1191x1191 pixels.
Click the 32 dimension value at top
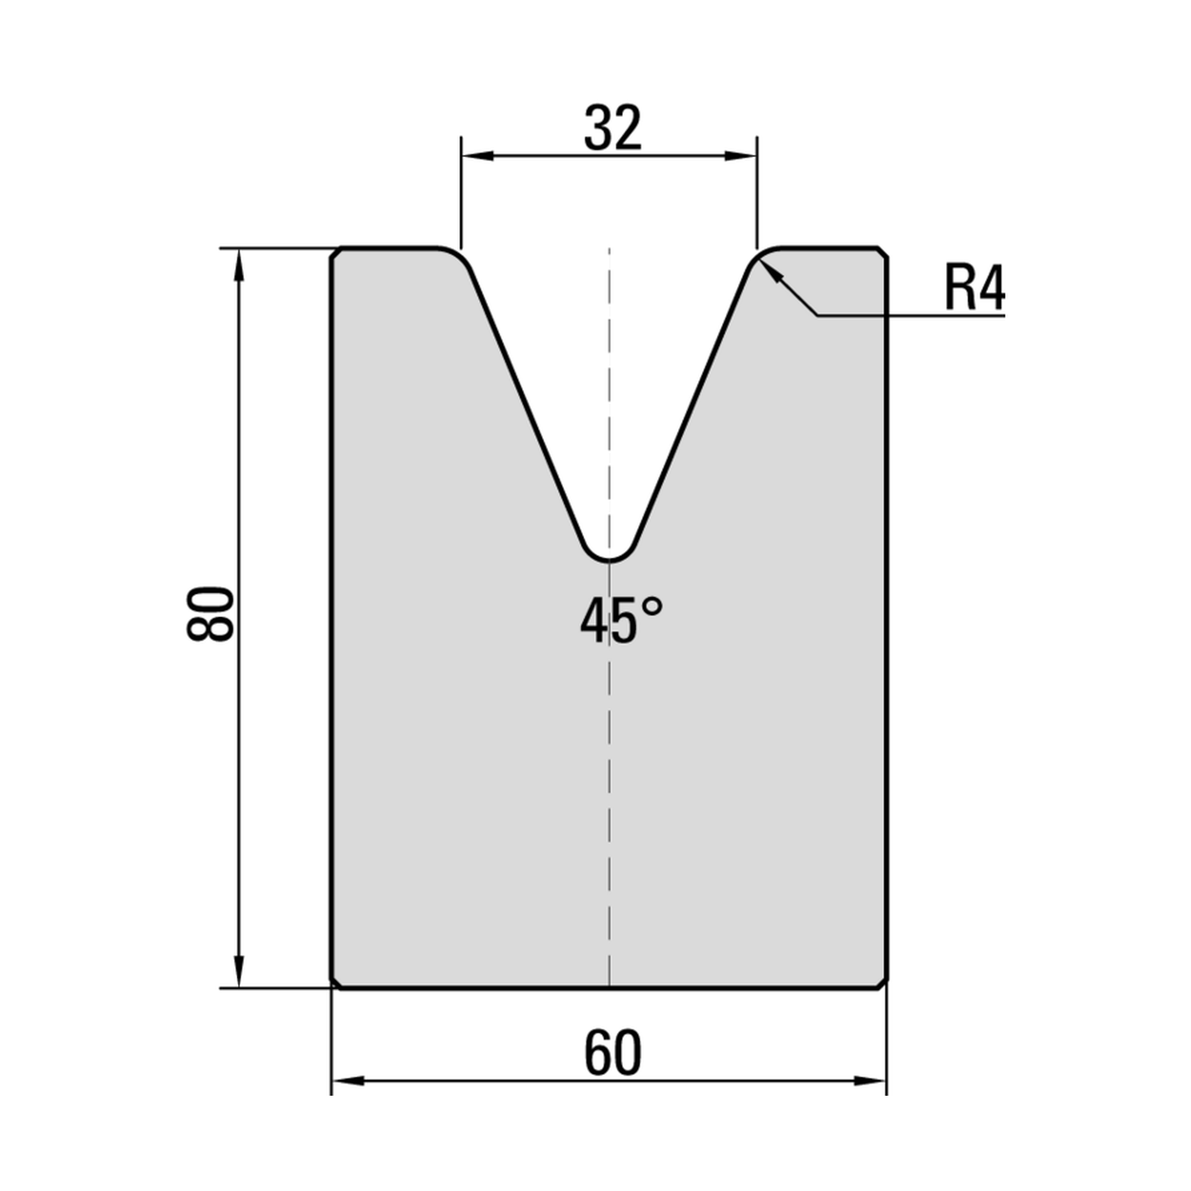click(613, 128)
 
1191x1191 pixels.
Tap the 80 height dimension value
click(211, 613)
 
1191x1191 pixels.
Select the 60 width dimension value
click(613, 1053)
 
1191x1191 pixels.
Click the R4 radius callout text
click(974, 287)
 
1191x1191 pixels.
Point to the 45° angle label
click(621, 621)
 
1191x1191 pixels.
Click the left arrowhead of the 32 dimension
click(476, 156)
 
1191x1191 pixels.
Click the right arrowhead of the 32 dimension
click(741, 156)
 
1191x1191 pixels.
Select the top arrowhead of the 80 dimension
click(239, 264)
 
